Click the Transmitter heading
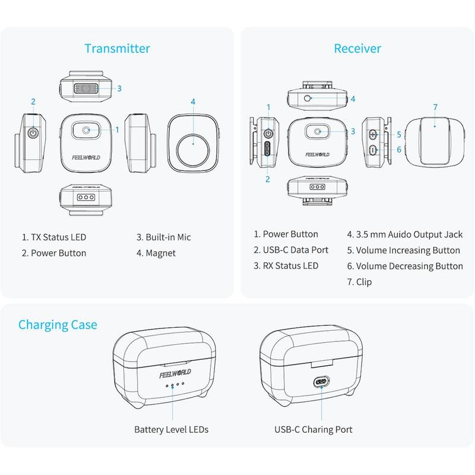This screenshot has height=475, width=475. tap(117, 49)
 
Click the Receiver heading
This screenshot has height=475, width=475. tap(357, 49)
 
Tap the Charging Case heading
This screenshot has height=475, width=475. tap(58, 325)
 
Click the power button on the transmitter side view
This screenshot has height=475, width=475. tap(33, 132)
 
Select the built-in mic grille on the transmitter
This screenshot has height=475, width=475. tap(86, 88)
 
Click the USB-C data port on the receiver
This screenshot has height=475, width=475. tap(268, 148)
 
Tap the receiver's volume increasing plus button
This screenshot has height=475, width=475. tap(373, 134)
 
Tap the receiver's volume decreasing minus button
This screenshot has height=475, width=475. tap(373, 150)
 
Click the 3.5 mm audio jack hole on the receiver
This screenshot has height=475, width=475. tap(307, 98)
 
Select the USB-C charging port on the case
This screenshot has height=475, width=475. tap(321, 381)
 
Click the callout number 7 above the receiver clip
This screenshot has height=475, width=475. tap(435, 107)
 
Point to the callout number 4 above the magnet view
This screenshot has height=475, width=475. tap(193, 102)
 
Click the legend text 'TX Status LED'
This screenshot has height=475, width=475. tap(58, 237)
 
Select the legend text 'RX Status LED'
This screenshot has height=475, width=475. tap(290, 265)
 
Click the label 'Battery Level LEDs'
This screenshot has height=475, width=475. tap(172, 429)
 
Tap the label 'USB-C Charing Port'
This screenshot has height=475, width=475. tap(313, 429)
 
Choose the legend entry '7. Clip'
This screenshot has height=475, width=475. tap(360, 282)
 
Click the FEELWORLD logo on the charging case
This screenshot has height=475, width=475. tap(175, 373)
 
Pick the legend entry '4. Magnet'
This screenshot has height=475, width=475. tap(156, 254)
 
